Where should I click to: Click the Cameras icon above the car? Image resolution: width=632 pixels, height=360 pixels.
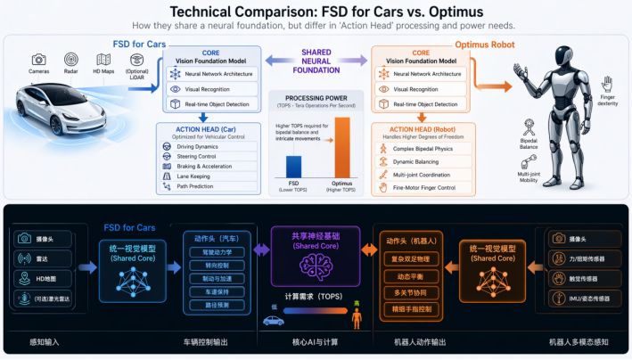[x=39, y=59]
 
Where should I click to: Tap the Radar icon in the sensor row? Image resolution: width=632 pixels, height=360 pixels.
[x=71, y=59]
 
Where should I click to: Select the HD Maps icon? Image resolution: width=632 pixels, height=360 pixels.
[x=103, y=59]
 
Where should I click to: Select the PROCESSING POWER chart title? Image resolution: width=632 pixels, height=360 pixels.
[x=316, y=97]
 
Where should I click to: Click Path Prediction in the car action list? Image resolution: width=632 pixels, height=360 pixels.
[x=201, y=187]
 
